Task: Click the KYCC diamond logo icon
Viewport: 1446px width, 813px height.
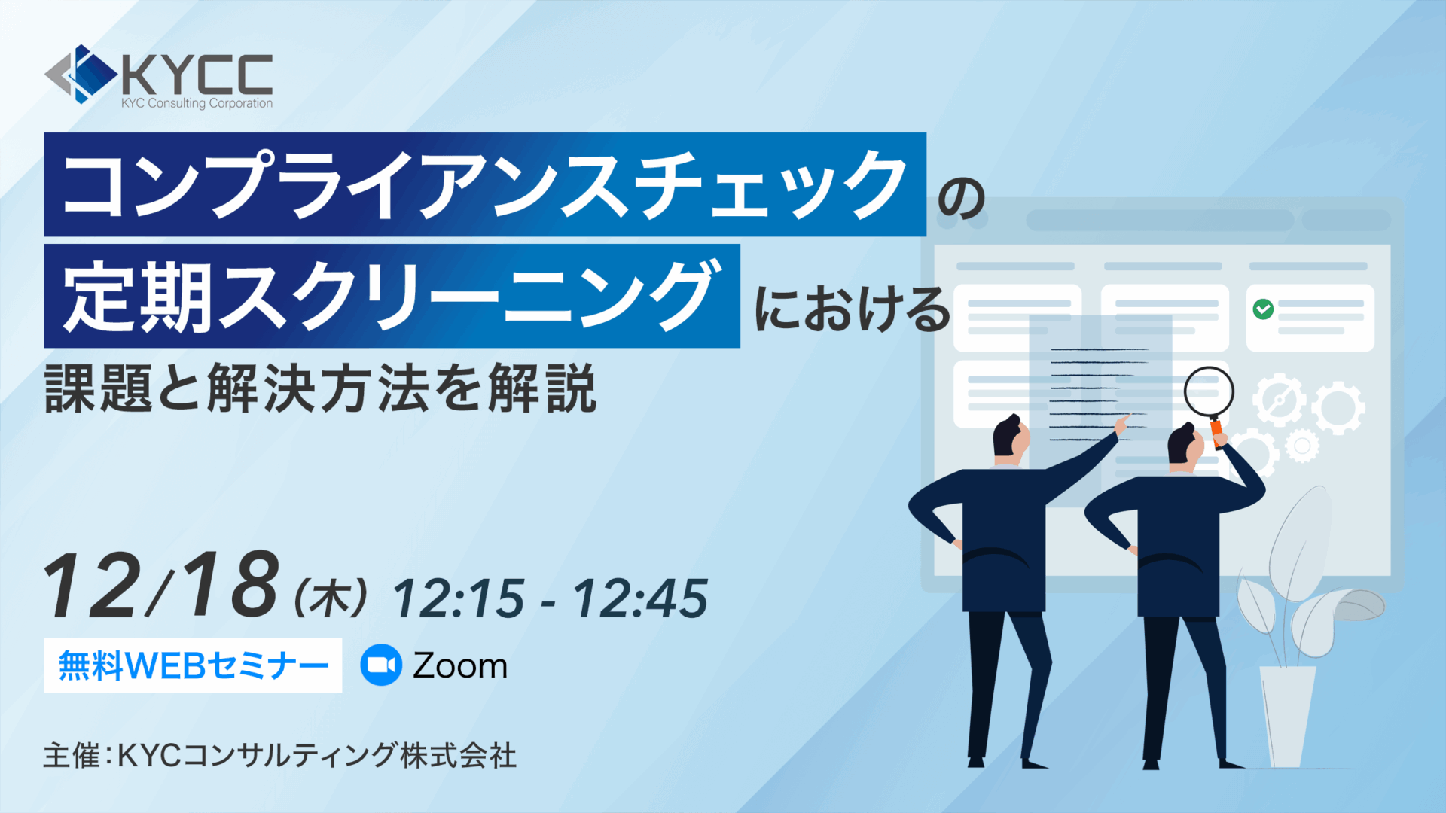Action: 81,74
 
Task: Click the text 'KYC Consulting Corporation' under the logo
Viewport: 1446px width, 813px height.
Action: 197,103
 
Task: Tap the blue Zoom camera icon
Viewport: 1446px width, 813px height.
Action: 381,665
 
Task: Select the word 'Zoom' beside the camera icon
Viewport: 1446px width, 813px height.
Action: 460,666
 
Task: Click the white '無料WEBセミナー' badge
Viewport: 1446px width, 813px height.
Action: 193,665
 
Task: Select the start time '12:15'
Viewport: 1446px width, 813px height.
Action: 458,599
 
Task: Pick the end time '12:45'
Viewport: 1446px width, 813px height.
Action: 641,599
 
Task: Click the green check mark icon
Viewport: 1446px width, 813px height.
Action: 1263,309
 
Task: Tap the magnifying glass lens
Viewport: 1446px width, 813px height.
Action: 1209,391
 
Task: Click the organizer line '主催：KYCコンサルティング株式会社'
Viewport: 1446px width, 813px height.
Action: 280,755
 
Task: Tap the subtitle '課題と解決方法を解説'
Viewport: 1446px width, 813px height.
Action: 321,388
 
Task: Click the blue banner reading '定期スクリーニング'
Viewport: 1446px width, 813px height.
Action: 392,296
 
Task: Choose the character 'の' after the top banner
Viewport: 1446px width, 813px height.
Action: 962,198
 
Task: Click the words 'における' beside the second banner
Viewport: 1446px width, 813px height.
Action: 853,309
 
